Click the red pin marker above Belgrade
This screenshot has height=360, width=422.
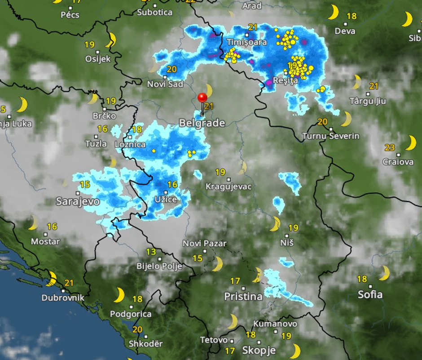point(202,98)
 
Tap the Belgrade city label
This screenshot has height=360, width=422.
point(202,123)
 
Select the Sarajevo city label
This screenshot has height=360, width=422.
point(78,201)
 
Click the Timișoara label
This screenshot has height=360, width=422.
point(247,42)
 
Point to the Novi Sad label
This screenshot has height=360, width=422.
point(165,84)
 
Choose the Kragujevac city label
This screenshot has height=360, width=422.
point(229,186)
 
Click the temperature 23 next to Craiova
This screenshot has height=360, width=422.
point(390,147)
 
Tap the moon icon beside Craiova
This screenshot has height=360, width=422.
point(411,143)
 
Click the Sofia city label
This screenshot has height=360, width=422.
point(370,294)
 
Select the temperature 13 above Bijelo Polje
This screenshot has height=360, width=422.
point(151,252)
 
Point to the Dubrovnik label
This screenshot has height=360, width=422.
point(63,298)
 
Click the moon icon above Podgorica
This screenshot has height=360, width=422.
point(119,295)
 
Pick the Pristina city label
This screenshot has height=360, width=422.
point(243,296)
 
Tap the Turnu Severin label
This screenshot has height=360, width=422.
point(331,136)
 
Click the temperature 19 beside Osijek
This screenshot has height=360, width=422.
point(89,44)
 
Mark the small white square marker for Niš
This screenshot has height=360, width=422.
point(287,235)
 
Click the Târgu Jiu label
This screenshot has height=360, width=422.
point(368,101)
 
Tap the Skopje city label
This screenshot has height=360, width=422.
point(259,350)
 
